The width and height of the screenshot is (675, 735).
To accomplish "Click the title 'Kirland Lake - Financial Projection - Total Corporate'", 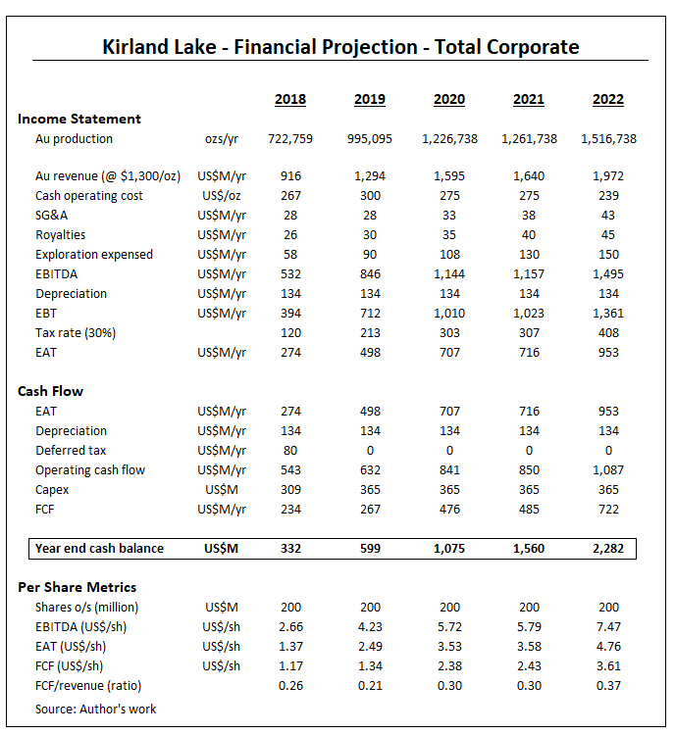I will [x=340, y=46].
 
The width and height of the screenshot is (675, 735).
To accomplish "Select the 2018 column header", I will [x=290, y=99].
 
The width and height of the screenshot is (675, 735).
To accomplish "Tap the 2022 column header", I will [x=608, y=99].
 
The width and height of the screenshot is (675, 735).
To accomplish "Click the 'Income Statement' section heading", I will [x=79, y=119].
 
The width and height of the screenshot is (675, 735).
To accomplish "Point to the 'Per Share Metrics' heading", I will [x=78, y=587].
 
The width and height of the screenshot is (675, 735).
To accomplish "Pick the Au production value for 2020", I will [x=450, y=138].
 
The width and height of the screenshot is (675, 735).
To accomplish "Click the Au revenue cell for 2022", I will [x=608, y=176].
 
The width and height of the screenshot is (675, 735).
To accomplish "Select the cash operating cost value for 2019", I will [x=370, y=196].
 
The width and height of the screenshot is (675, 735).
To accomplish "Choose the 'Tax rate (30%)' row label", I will [x=76, y=332].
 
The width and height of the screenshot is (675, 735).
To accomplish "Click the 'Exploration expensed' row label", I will [x=94, y=255].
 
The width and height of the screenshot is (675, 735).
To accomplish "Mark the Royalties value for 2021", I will [x=530, y=235].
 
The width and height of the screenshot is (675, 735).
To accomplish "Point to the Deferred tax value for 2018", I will [x=290, y=451].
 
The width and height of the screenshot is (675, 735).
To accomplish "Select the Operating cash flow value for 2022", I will [x=608, y=470].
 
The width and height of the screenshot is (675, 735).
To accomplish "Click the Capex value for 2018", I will [x=290, y=489].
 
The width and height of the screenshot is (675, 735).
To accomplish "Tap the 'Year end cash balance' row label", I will [x=100, y=548].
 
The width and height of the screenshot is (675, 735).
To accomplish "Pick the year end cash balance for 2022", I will [x=608, y=548].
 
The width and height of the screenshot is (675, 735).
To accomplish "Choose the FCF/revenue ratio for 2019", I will [x=370, y=685].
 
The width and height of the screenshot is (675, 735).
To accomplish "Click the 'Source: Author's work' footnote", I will [x=96, y=709].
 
